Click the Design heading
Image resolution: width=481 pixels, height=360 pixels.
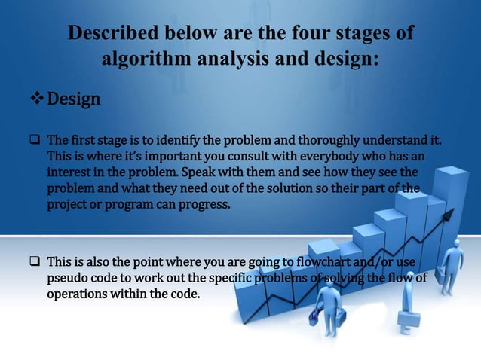74,99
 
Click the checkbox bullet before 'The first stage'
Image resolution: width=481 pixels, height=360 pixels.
34,141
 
